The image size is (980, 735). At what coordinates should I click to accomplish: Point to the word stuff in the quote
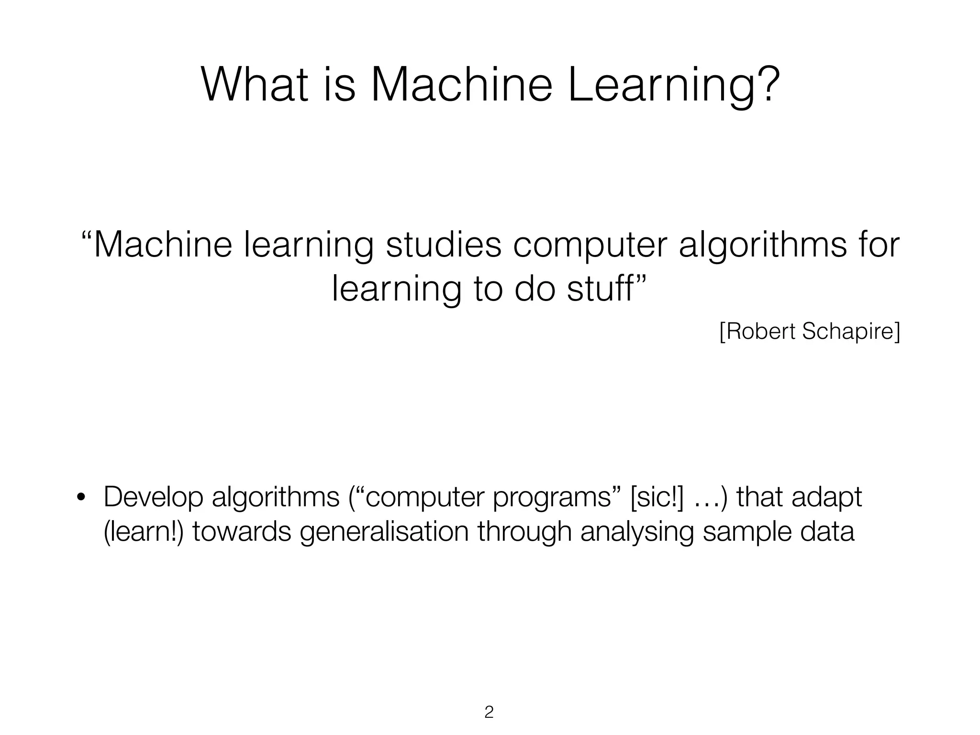(601, 289)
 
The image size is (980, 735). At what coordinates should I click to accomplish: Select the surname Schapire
(851, 332)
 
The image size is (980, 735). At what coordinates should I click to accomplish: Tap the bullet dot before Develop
(81, 498)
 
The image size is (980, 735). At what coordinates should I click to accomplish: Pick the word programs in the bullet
(552, 498)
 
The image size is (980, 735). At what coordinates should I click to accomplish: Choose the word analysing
(636, 532)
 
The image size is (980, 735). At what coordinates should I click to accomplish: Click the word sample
(746, 532)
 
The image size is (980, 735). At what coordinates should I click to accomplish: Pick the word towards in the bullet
(242, 532)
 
